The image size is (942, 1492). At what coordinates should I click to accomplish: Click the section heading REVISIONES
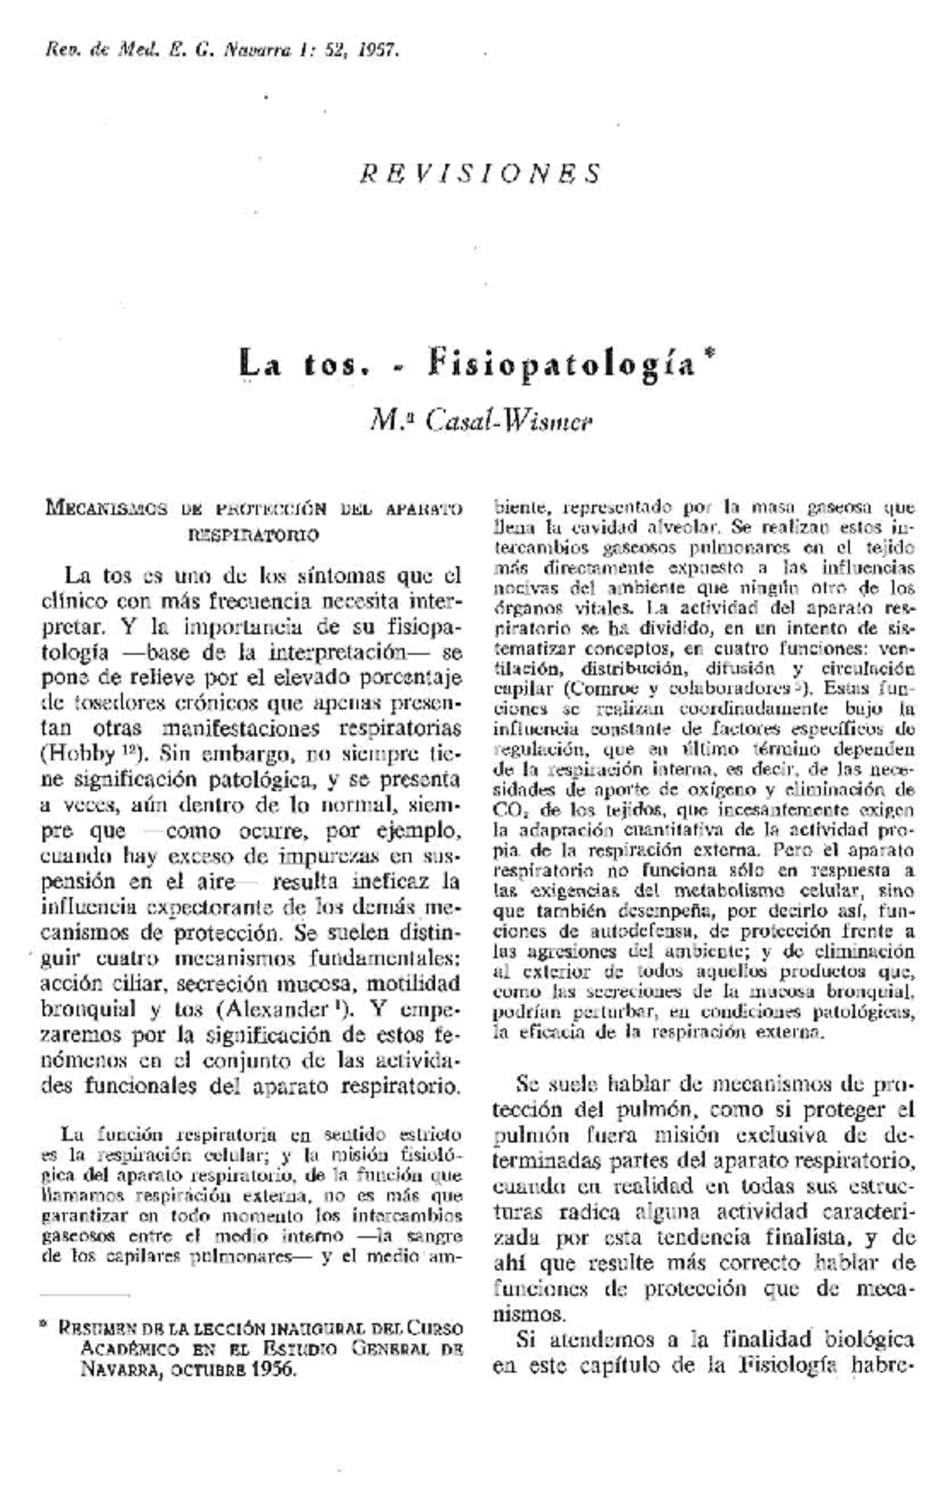(480, 172)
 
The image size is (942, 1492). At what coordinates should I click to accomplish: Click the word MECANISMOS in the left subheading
(107, 508)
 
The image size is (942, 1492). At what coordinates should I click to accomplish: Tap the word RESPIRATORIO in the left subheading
(253, 536)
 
